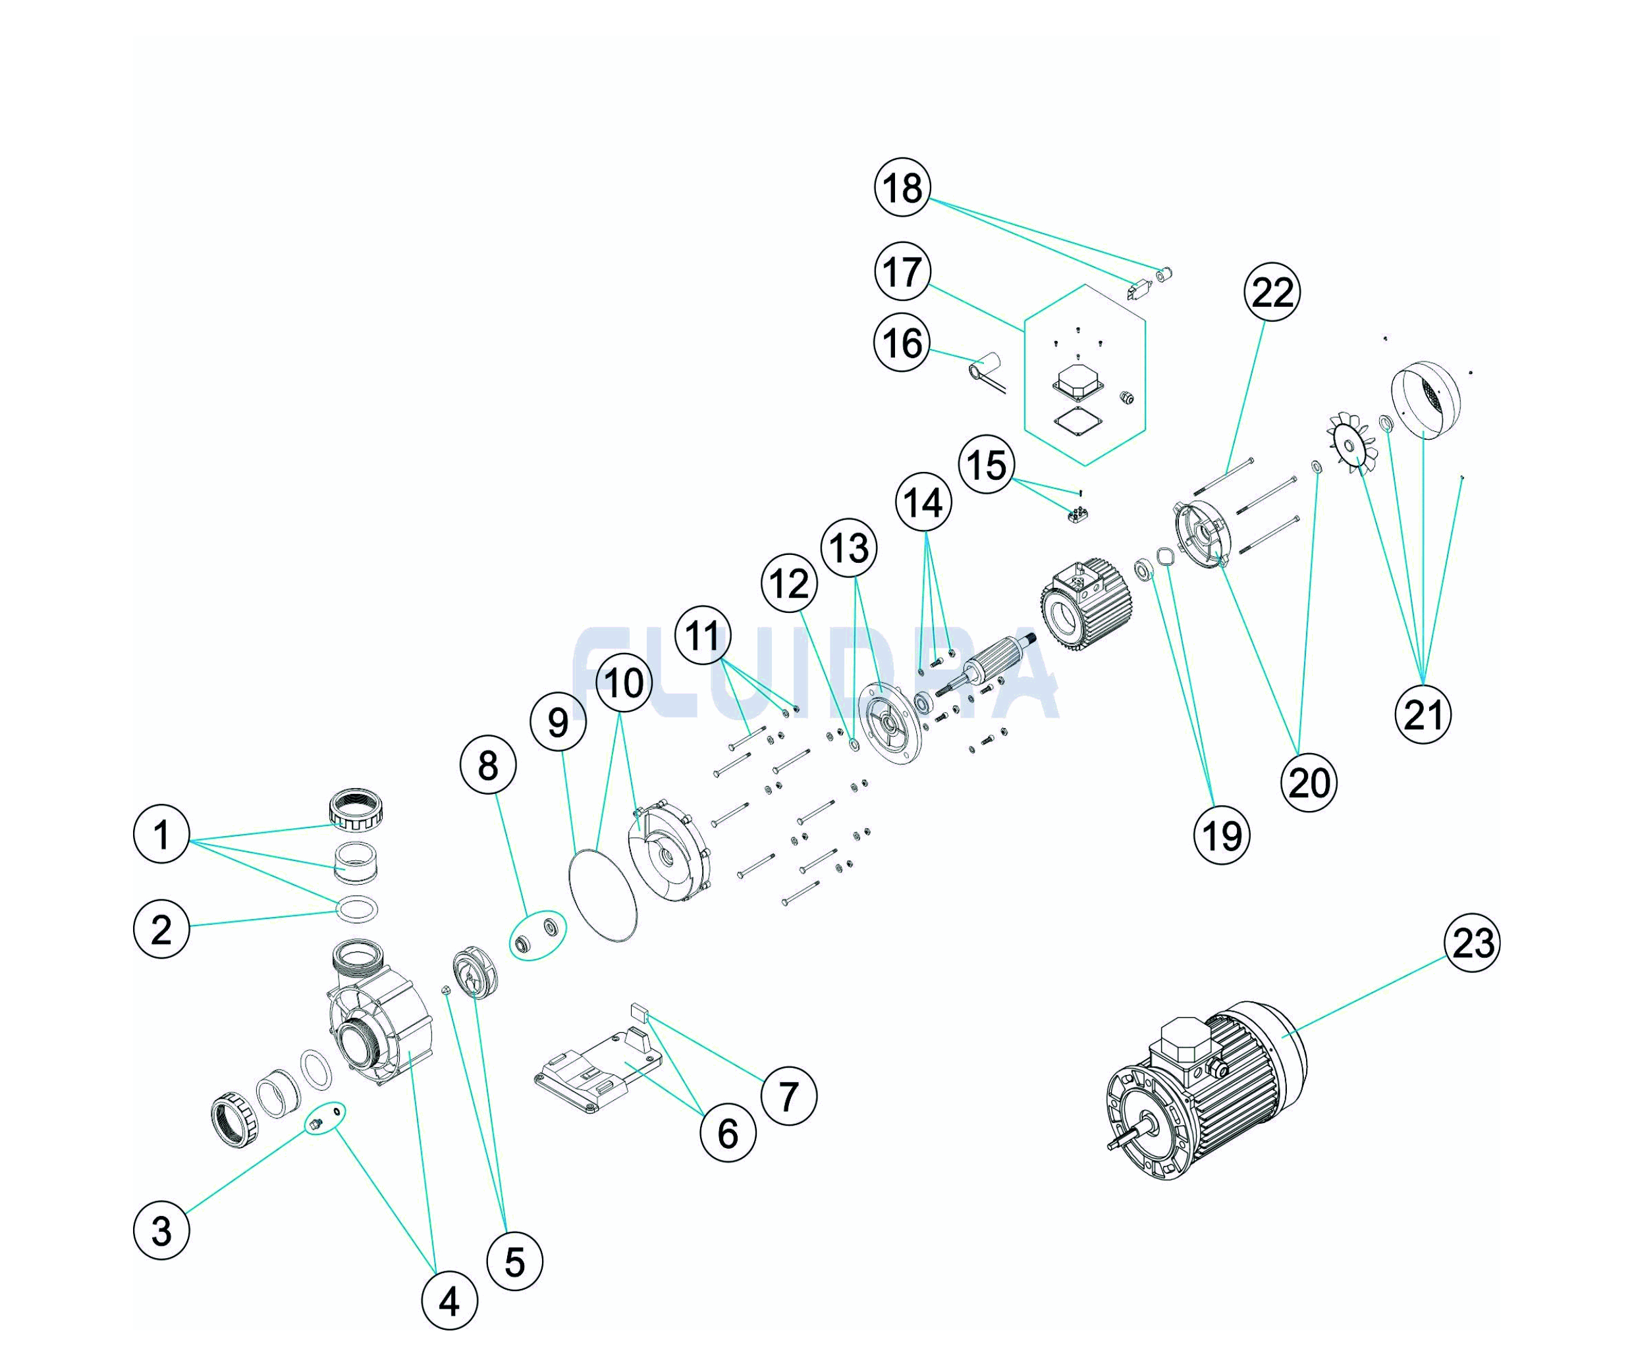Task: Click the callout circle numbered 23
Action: [x=1472, y=943]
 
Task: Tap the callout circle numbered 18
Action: [x=902, y=188]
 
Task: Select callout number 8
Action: [x=488, y=766]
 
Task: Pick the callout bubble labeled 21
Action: [x=1423, y=714]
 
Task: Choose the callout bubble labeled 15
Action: [x=987, y=465]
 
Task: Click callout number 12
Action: [x=790, y=583]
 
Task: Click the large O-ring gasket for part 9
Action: [x=603, y=895]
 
